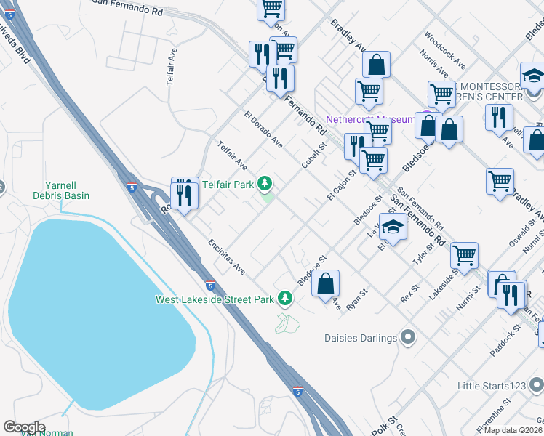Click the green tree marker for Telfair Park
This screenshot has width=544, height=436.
[267, 185]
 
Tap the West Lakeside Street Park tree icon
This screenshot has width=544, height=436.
[287, 299]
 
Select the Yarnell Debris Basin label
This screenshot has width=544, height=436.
[61, 190]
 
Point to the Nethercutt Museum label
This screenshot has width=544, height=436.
[369, 119]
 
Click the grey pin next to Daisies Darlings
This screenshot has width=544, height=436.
[407, 337]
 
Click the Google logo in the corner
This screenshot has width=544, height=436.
[24, 427]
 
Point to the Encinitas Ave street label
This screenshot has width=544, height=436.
[227, 257]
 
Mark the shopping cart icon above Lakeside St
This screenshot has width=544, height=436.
[464, 255]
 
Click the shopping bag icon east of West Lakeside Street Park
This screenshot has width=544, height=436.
[326, 283]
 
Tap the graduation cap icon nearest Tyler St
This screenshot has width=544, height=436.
[393, 228]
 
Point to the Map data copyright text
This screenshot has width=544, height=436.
[513, 430]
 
